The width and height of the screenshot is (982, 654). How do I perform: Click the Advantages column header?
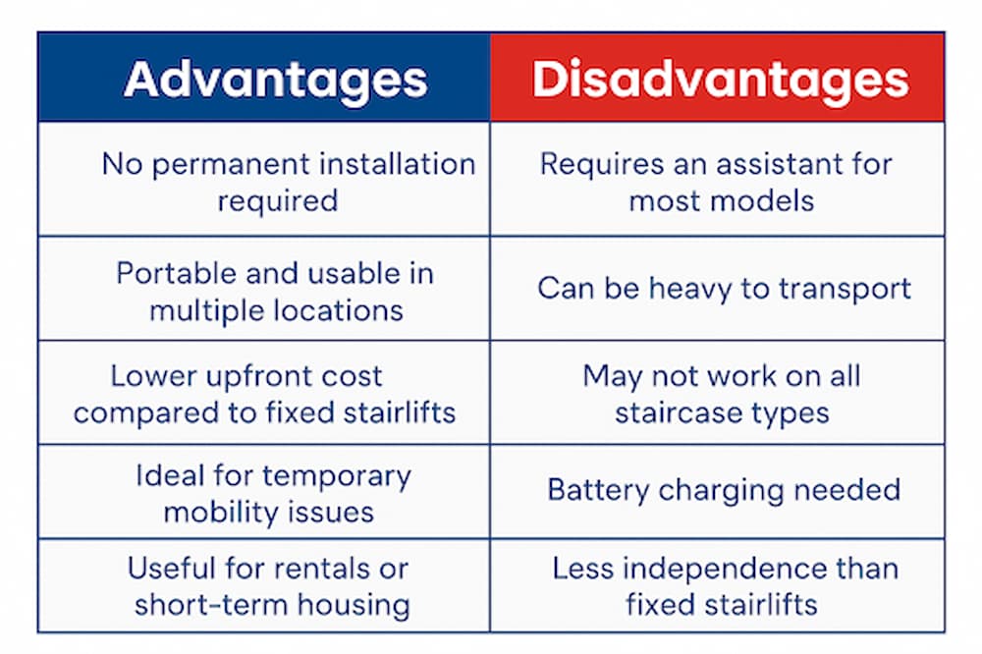click(x=276, y=80)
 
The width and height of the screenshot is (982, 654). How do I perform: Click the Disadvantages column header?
click(x=720, y=80)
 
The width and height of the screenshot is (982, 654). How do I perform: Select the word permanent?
click(x=236, y=164)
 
